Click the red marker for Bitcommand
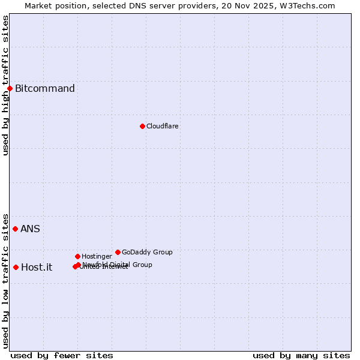10,89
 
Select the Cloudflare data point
142,126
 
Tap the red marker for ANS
15,229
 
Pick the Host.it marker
16,267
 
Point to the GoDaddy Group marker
118,252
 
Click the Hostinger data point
77,256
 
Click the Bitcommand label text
45,89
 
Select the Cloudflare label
163,126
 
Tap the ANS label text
30,229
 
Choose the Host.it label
37,268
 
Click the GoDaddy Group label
147,252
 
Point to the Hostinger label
97,256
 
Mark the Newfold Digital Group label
118,264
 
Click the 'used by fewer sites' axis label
62,355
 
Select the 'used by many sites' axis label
301,355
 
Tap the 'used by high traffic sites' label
5,85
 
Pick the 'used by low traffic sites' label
5,280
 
